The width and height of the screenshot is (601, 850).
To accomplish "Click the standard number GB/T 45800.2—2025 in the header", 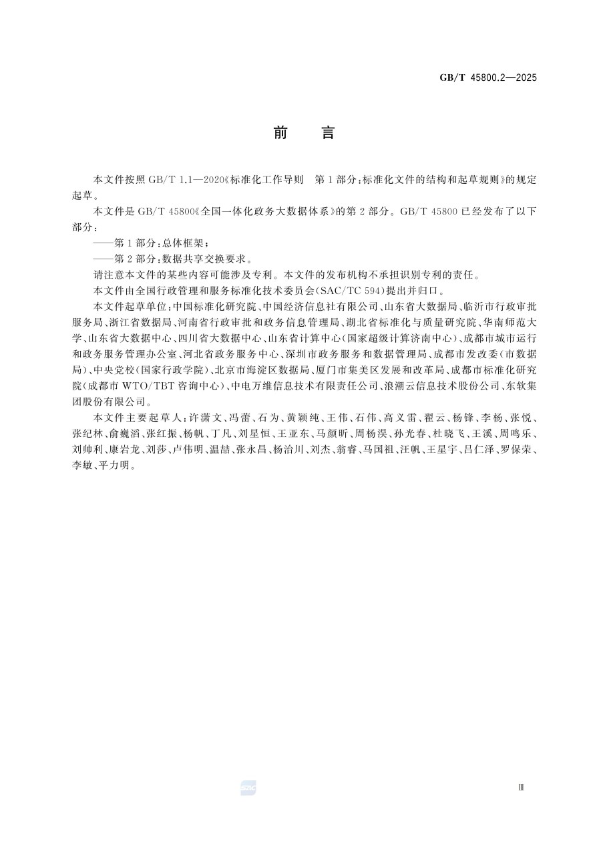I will (x=487, y=78).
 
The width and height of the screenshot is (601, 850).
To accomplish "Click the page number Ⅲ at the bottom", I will (x=521, y=788).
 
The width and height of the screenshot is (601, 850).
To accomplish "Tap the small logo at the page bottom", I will (x=248, y=789).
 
